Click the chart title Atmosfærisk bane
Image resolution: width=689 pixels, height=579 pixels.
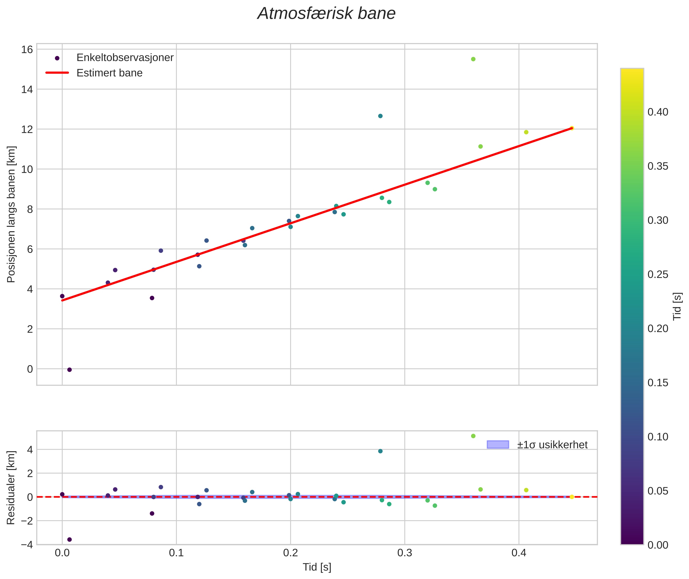[x=326, y=14]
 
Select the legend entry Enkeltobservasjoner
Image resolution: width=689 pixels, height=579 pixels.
[x=125, y=58]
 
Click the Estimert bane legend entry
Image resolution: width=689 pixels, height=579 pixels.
[x=109, y=73]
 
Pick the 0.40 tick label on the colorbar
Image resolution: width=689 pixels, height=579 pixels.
[x=658, y=112]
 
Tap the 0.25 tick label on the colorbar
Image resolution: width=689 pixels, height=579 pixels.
[x=658, y=274]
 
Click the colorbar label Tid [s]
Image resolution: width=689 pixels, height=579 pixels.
[x=677, y=306]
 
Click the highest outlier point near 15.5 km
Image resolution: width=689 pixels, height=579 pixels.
[x=473, y=59]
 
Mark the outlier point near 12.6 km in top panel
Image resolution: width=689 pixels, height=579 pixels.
[x=380, y=116]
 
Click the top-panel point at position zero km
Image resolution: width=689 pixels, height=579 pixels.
[x=69, y=370]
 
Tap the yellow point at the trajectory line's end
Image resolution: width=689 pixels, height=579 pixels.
[x=571, y=128]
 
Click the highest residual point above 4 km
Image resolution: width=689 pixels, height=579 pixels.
[x=473, y=436]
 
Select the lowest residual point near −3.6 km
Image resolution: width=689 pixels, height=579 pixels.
[x=69, y=540]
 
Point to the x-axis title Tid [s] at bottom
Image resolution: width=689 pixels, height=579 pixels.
[x=317, y=567]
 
